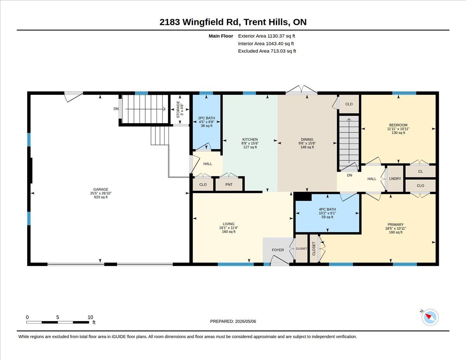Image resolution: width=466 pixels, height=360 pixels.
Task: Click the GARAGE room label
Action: click(101, 190)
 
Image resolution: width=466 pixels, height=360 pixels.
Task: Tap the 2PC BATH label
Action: click(206, 118)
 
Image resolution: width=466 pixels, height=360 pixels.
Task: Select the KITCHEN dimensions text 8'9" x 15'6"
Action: click(250, 143)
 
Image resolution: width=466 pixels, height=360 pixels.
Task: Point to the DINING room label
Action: click(307, 139)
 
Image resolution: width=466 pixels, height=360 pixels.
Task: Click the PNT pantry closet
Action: click(229, 184)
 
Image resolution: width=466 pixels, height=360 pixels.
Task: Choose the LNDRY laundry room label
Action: click(395, 179)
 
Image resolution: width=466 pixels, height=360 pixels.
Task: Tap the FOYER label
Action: click(278, 250)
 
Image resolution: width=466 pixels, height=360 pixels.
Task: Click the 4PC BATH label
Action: click(327, 209)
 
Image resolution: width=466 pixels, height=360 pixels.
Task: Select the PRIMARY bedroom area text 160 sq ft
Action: click(396, 232)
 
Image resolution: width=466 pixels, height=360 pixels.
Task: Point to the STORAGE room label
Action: click(178, 110)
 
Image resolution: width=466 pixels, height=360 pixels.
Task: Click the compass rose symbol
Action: click(430, 317)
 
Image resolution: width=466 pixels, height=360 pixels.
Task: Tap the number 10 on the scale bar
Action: click(90, 317)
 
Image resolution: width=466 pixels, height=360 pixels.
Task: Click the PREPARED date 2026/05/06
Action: click(245, 321)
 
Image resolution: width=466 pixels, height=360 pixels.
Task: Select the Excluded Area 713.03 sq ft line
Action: click(267, 51)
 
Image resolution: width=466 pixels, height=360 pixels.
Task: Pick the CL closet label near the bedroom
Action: click(420, 171)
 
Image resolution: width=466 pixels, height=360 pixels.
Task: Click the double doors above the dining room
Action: click(301, 90)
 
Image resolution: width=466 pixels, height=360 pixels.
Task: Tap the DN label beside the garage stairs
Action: click(116, 109)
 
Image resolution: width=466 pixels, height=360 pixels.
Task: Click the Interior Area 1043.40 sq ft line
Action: click(266, 43)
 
